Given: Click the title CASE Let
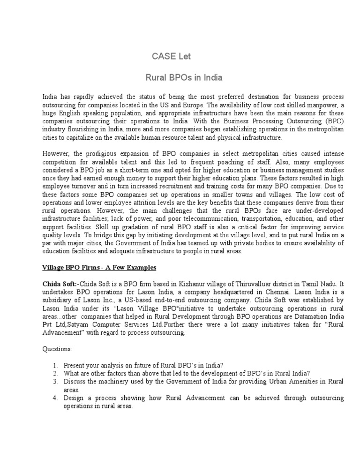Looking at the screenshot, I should click(172, 57).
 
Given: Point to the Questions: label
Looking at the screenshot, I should click(57, 349).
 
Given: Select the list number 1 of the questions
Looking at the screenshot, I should click(55, 365).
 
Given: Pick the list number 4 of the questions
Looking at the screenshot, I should click(55, 398).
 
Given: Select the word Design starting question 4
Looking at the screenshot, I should click(73, 398).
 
